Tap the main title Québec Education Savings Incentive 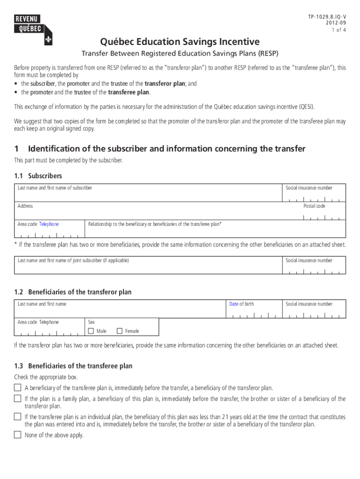tap(180, 42)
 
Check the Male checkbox tap(91, 331)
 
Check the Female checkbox tap(119, 331)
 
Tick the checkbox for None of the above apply tap(18, 435)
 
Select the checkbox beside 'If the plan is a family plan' tap(18, 399)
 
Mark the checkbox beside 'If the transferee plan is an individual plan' tap(18, 416)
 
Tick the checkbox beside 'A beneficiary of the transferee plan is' tap(18, 388)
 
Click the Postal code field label tap(314, 206)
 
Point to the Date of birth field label tap(241, 304)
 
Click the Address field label tap(25, 206)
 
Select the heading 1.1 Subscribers tap(38, 176)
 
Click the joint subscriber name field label tap(73, 261)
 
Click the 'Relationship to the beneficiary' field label tap(155, 224)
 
